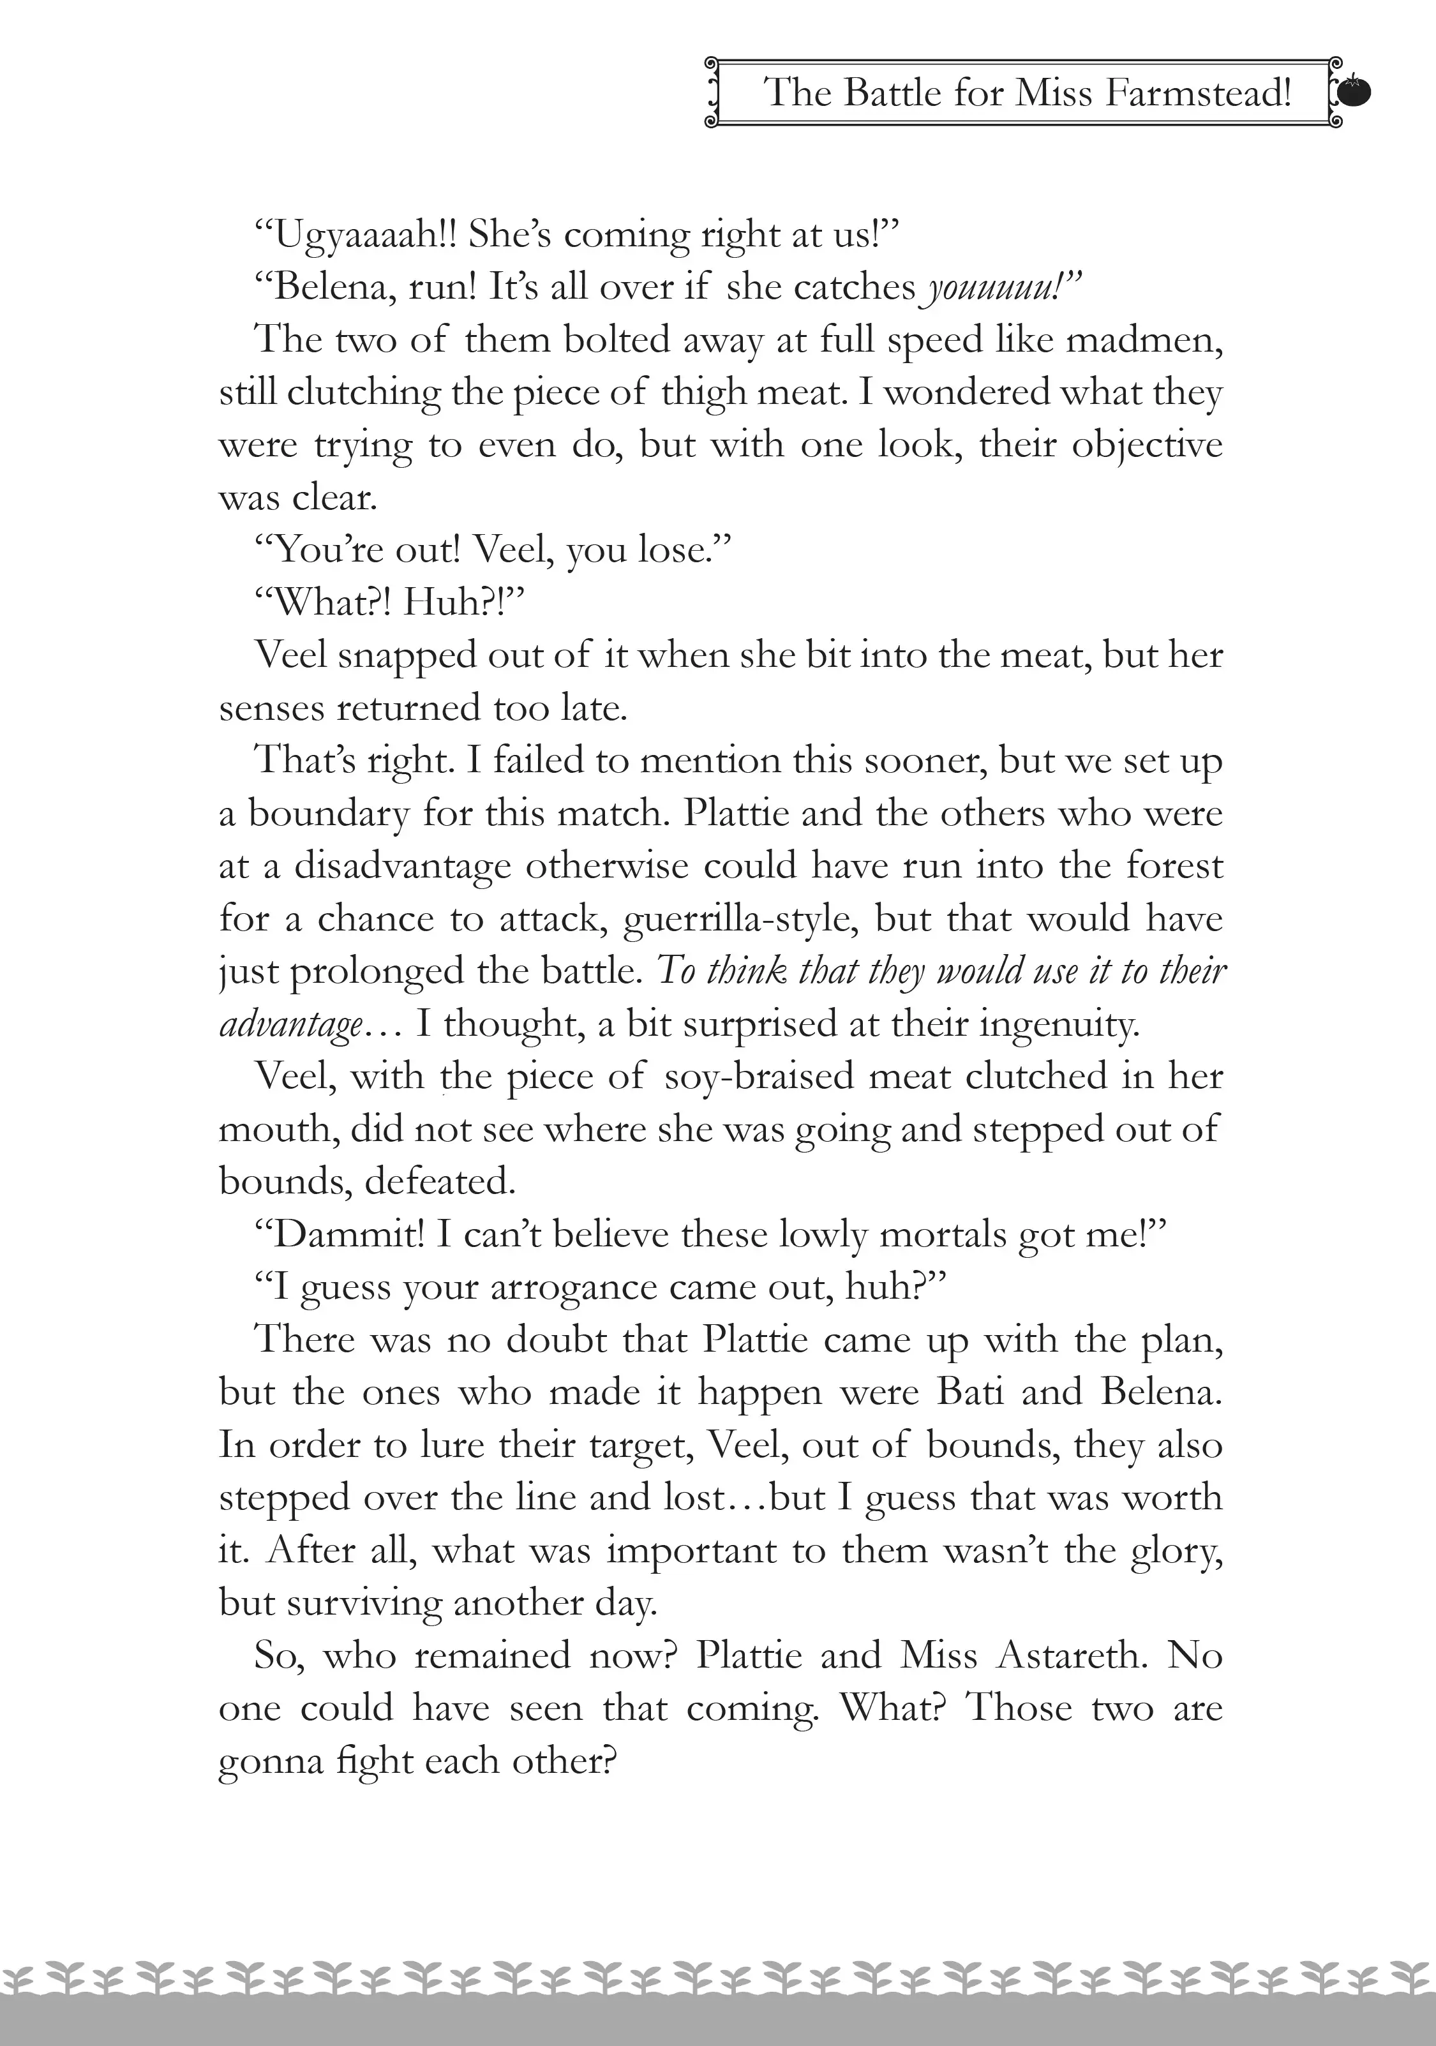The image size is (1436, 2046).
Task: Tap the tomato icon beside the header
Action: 1355,92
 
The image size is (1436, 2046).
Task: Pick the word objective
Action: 1146,445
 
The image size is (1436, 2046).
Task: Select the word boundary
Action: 327,814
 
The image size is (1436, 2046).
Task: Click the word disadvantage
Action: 403,866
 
